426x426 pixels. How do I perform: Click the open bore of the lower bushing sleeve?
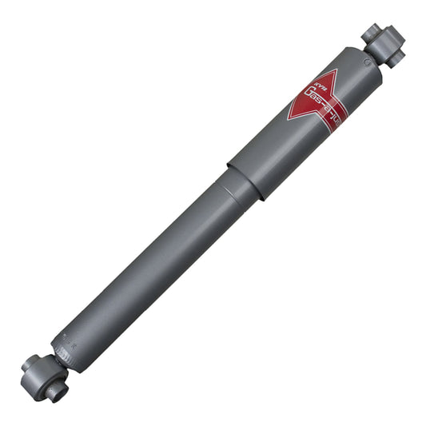pyautogui.click(x=54, y=392)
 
